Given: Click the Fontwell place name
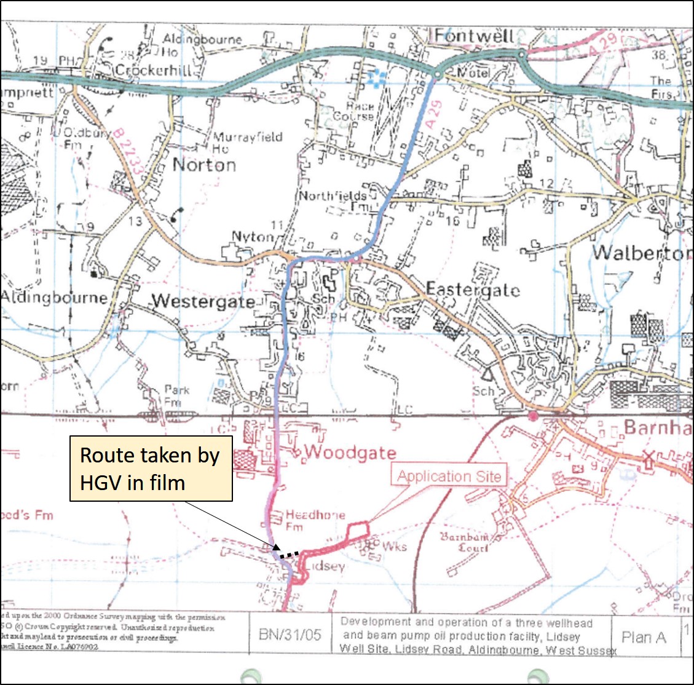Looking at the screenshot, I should pos(473,36).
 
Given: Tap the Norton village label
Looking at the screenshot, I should pos(204,165).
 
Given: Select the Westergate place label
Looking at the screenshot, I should pos(203,301).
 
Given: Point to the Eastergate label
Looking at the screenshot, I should pos(473,290).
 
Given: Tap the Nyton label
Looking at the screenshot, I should pos(252,237).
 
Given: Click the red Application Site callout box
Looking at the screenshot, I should pos(449,476).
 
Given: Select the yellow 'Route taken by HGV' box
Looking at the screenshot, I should pos(151,469).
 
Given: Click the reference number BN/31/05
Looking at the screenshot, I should pos(290,634).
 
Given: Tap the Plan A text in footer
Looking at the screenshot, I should pos(644,637).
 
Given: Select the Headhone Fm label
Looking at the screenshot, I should pos(314,520).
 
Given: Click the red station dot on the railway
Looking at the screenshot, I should pos(533,416).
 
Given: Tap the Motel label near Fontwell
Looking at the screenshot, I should pos(473,73).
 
